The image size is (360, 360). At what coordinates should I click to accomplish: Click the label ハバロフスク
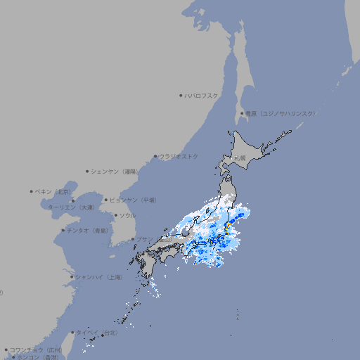coord(202,95)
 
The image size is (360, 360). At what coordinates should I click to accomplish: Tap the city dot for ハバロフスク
coord(181,95)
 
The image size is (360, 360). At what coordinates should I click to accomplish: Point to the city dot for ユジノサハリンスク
coord(242,113)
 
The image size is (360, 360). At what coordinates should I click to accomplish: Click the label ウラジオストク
coord(179,156)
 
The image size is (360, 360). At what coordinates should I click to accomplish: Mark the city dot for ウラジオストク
coord(155,156)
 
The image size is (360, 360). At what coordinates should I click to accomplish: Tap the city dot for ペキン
coord(32,191)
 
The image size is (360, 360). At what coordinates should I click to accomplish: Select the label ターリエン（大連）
coord(71,207)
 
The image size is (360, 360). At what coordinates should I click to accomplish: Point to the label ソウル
coord(127,215)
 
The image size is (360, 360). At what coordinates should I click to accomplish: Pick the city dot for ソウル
coord(115,215)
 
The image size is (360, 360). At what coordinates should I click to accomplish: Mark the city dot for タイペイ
coord(73,332)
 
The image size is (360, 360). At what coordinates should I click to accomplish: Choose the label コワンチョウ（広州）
coord(35,349)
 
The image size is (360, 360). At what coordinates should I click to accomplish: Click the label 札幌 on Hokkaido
coord(240,158)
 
